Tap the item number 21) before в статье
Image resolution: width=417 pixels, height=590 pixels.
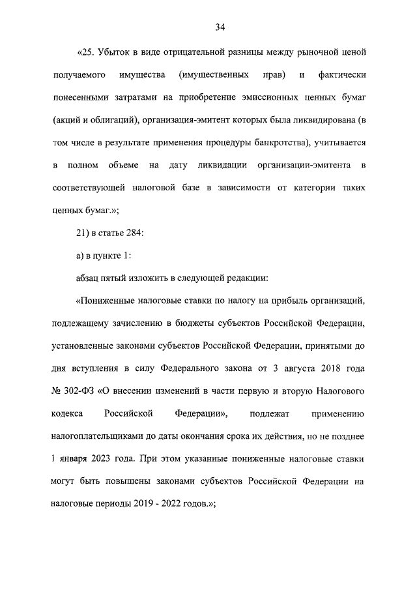pos(85,234)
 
